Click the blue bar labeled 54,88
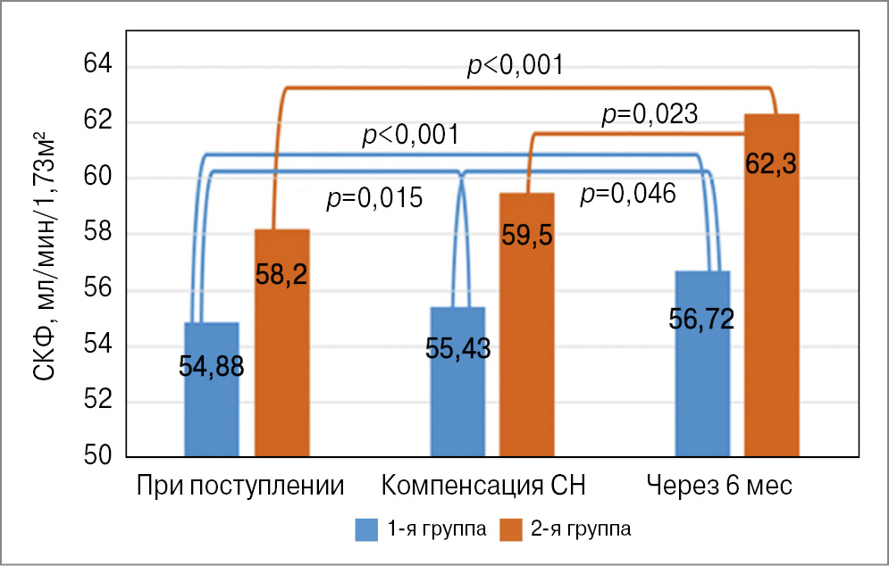pos(211,389)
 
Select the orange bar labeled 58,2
pos(282,343)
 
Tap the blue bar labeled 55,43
pos(457,382)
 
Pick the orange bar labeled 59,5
pos(526,325)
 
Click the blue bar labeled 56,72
pos(702,363)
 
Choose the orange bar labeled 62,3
pos(772,286)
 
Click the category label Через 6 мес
pos(719,486)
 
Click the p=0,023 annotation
pos(650,113)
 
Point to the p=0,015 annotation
pos(374,196)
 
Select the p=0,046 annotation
pos(627,193)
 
